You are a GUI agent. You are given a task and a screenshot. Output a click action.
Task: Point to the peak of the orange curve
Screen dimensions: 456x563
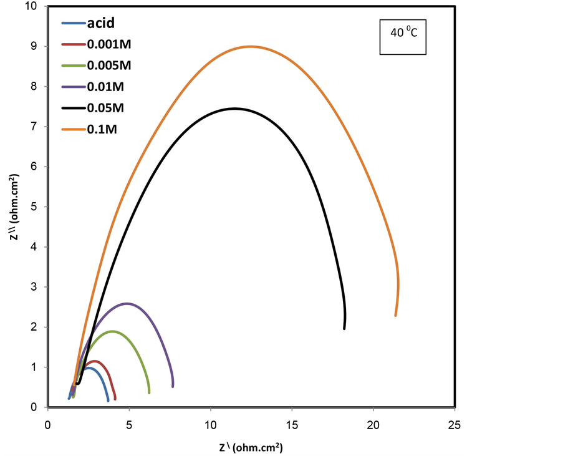[251, 46]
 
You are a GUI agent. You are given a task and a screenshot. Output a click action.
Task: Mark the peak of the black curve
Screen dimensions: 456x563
[234, 109]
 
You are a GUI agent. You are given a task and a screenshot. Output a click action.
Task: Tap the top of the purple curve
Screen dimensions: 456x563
[127, 304]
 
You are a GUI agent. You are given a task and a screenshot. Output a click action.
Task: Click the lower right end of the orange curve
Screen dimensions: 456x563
[395, 315]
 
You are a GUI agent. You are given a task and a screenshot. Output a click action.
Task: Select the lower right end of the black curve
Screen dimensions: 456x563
[344, 328]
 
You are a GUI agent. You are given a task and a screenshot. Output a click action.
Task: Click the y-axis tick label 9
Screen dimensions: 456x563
[34, 47]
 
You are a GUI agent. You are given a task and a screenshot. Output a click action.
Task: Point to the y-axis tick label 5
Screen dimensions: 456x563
[34, 207]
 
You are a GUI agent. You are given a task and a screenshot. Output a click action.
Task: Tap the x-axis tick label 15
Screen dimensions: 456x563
[292, 424]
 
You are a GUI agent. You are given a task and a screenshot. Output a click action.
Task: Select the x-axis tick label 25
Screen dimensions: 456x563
[455, 424]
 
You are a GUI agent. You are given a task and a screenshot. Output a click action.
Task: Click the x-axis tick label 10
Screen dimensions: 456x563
[211, 424]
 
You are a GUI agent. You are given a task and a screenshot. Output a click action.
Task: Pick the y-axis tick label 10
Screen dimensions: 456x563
[31, 7]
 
